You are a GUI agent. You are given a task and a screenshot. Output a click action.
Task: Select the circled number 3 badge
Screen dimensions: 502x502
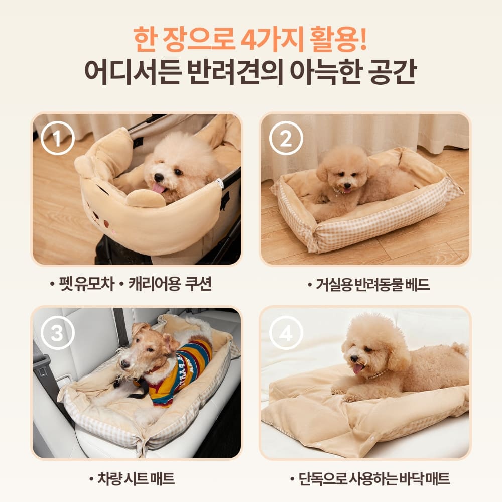point(57,334)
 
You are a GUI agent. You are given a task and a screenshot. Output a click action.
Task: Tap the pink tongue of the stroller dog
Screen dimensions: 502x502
point(159,188)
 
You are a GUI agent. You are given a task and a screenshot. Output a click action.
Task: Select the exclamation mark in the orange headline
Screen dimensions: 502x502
point(362,41)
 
